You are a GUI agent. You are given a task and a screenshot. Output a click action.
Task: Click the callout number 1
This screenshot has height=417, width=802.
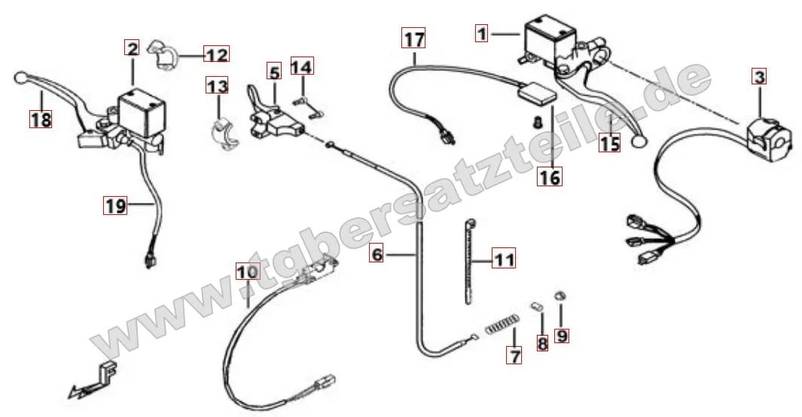point(481,34)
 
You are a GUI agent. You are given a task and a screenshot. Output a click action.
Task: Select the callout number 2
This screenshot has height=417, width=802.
point(132,49)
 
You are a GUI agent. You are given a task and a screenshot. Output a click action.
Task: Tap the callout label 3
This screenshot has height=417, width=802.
point(760,78)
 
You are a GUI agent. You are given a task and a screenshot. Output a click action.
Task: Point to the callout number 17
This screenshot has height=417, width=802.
point(413,39)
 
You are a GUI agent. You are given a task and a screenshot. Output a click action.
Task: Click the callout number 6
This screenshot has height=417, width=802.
point(377,253)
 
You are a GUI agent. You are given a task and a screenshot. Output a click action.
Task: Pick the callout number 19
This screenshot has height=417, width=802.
point(115,205)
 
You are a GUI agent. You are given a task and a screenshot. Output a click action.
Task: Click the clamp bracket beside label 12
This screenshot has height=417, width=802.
point(163,55)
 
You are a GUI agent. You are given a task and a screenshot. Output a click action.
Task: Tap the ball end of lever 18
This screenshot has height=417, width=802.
point(20,78)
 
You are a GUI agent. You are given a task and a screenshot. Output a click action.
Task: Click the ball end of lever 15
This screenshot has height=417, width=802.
point(640,142)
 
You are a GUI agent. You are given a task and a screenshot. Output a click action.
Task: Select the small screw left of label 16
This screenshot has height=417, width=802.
point(537,122)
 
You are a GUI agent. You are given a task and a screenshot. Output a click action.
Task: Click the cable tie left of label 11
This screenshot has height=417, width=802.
point(468,261)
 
